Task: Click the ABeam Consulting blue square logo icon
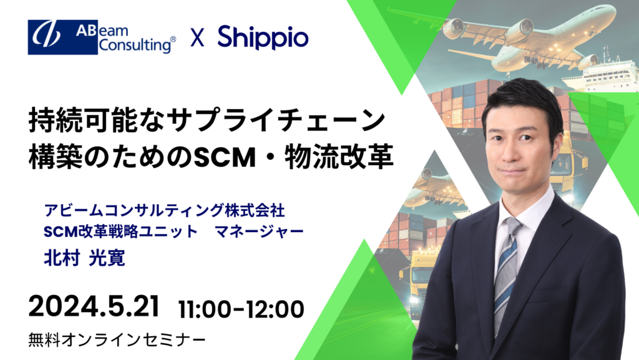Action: (54, 37)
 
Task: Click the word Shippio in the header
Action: (263, 38)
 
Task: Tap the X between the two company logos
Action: (197, 39)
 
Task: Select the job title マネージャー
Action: (259, 231)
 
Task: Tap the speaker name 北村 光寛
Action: (85, 256)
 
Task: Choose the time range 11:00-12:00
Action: (241, 308)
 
